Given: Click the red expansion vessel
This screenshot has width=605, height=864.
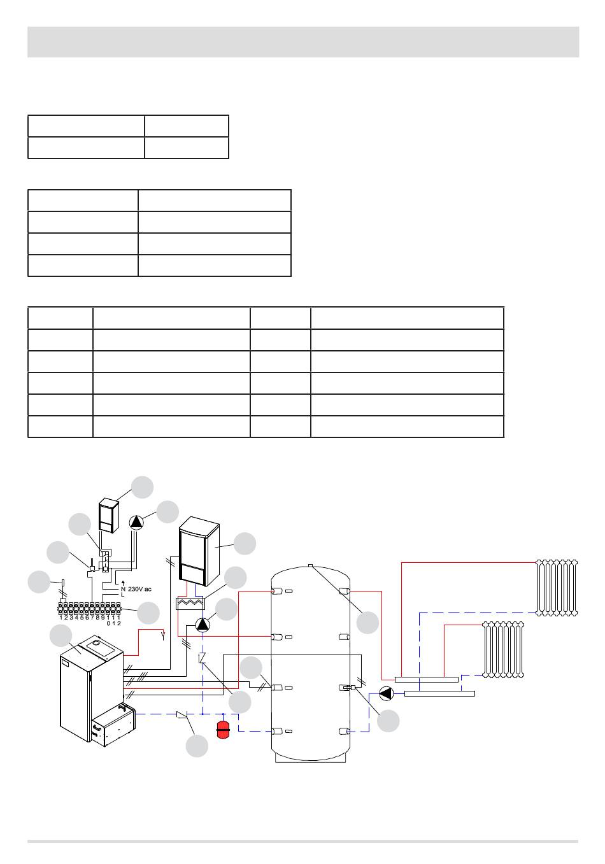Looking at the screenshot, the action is pos(223,730).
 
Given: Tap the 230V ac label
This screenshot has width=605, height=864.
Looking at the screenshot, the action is pos(139,589).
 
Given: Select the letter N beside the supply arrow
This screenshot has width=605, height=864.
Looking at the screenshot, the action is pos(123,589).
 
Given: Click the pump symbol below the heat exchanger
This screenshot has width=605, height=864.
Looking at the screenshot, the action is pos(203,625).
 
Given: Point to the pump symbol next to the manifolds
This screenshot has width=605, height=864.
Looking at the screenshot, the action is pos(386,694).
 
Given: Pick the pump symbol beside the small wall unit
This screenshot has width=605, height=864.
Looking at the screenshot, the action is pos(136,522).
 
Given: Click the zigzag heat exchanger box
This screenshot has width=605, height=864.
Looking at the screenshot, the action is pos(190,604).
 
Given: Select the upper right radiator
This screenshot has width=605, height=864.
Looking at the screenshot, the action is pos(557,588).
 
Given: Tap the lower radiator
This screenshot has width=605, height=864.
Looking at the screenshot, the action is pos(503,649).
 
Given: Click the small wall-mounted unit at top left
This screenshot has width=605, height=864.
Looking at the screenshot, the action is pos(109,515).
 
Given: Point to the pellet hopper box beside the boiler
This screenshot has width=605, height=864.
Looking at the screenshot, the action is pos(113,726).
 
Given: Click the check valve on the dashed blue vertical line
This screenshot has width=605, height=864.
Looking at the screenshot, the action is pos(202,657).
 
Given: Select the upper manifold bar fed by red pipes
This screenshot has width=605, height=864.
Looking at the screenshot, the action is pos(426,679).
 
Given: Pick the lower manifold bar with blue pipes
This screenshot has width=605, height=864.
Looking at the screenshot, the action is pos(439,693).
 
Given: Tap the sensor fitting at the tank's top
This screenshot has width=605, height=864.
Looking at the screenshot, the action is pos(310,565).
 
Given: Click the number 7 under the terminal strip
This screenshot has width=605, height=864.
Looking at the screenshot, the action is pos(92,618).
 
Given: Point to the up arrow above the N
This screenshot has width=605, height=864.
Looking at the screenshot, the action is pos(123,583).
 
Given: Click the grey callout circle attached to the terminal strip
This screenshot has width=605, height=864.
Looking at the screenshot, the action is pos(148,613).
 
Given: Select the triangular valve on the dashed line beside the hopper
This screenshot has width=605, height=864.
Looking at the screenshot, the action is pos(182,715).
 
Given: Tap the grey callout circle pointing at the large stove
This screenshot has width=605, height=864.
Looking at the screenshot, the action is pos(245,544).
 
